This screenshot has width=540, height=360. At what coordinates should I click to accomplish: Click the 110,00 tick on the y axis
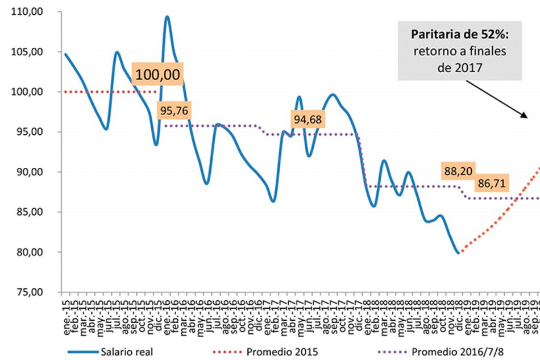tap(30, 11)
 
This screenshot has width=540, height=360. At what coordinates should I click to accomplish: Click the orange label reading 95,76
tap(173, 111)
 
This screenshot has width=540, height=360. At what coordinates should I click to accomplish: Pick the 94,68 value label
tap(308, 119)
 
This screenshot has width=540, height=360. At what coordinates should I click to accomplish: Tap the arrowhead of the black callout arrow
tap(525, 117)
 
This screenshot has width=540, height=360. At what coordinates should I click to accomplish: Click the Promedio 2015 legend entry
tap(273, 351)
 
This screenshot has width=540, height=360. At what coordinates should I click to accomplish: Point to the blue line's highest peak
tap(167, 16)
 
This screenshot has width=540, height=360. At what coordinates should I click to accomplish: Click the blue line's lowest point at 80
tap(458, 253)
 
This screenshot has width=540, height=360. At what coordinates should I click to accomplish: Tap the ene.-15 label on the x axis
tap(67, 311)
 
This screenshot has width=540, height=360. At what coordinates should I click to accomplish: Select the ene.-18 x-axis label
tap(368, 311)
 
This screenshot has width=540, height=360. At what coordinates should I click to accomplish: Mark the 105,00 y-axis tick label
tap(30, 52)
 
